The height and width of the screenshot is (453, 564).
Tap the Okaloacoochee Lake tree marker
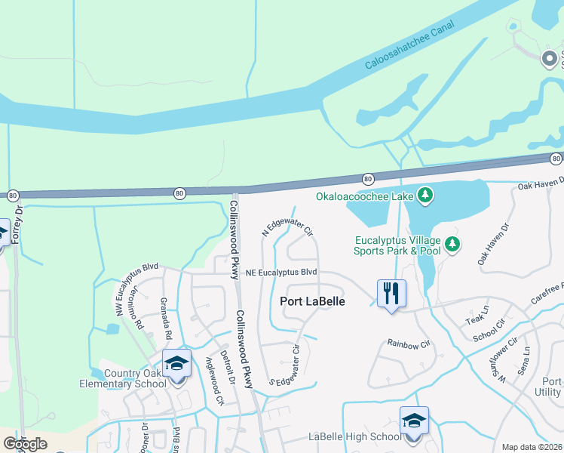point(426,196)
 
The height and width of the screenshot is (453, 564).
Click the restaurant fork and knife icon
point(391,292)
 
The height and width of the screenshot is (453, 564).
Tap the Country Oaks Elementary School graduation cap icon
point(176,364)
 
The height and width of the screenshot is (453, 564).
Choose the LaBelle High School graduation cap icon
point(414,420)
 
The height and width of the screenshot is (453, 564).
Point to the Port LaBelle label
point(313,300)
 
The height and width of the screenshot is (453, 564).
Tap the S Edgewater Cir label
point(285,365)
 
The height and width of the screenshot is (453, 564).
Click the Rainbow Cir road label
point(408,344)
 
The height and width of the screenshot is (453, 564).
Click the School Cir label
point(490,333)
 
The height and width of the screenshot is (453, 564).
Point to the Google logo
point(25,444)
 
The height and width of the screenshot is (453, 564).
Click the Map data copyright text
point(532,447)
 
